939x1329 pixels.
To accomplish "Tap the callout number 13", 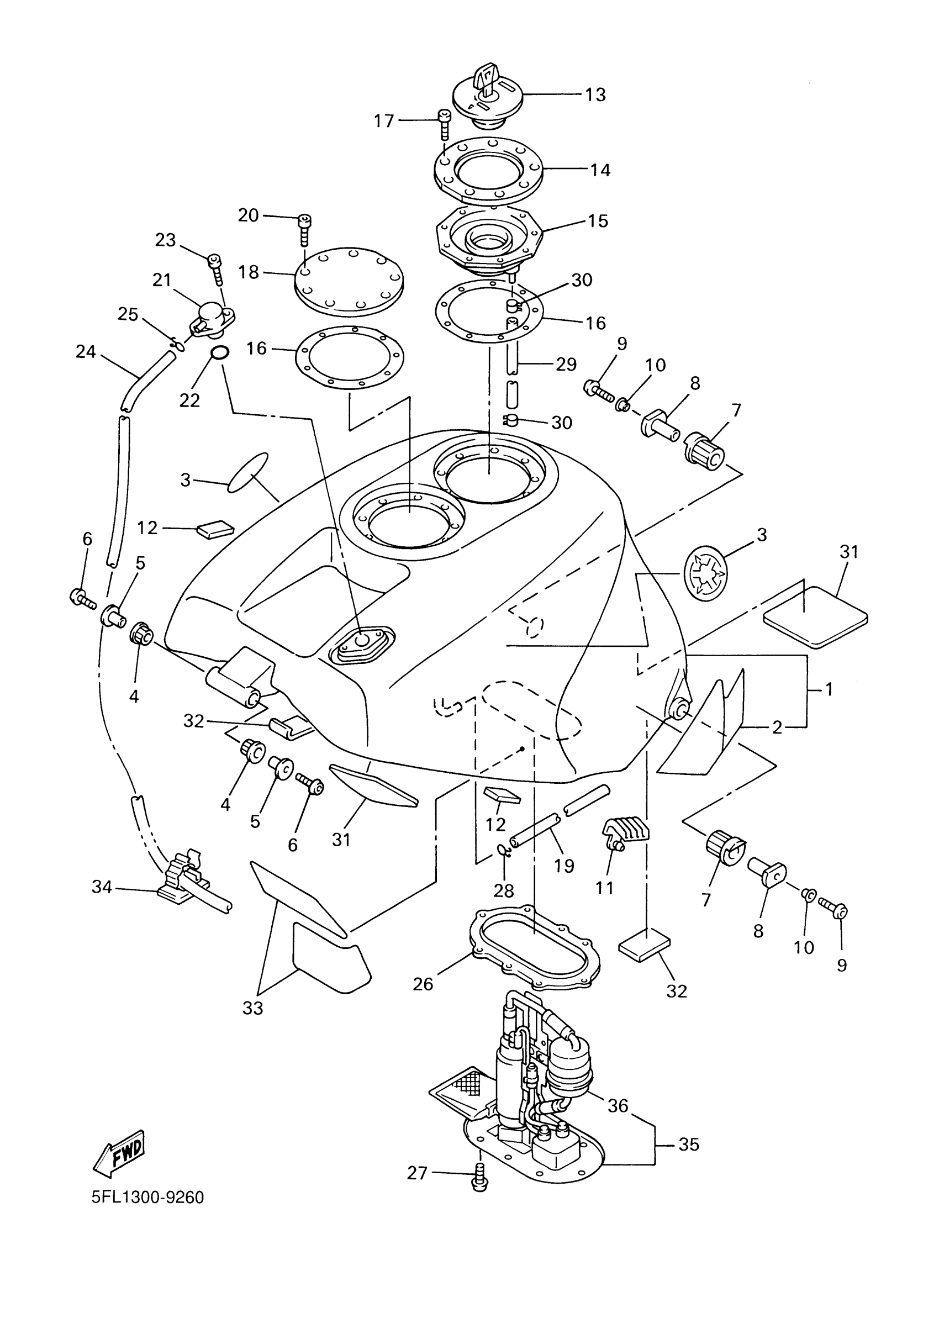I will (595, 94).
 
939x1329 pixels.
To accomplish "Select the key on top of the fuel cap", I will (484, 80).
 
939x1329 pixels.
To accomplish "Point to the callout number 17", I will (384, 121).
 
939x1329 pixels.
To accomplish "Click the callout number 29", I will (566, 364).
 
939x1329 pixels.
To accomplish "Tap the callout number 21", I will (161, 280).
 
